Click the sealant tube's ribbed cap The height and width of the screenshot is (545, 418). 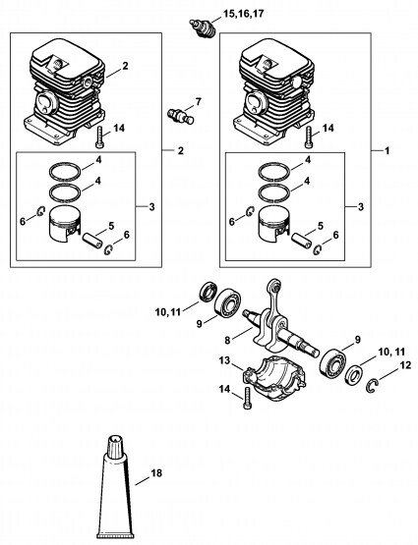click(x=115, y=445)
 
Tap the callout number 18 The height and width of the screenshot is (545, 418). click(x=156, y=472)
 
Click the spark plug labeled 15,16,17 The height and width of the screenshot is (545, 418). click(x=203, y=27)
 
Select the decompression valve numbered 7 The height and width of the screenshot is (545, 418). click(x=180, y=116)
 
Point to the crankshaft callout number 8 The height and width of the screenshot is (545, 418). click(x=227, y=341)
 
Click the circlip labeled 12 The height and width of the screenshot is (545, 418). click(x=373, y=387)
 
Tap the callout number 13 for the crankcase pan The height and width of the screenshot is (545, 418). click(x=224, y=360)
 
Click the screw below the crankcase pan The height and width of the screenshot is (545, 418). click(x=248, y=399)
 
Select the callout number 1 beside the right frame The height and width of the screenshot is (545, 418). click(x=388, y=151)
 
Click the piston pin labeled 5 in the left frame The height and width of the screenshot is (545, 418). click(x=92, y=241)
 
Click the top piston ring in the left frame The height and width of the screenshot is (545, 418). click(x=65, y=172)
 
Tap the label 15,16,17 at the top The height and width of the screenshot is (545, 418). click(x=243, y=14)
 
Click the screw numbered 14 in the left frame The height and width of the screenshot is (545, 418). click(x=98, y=138)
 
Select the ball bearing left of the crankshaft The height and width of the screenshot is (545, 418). click(x=227, y=302)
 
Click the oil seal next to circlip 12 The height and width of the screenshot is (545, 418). click(x=355, y=375)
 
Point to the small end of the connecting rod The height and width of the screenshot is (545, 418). click(x=274, y=286)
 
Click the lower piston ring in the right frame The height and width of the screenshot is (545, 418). click(x=273, y=193)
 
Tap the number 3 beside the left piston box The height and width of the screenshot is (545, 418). click(x=151, y=207)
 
